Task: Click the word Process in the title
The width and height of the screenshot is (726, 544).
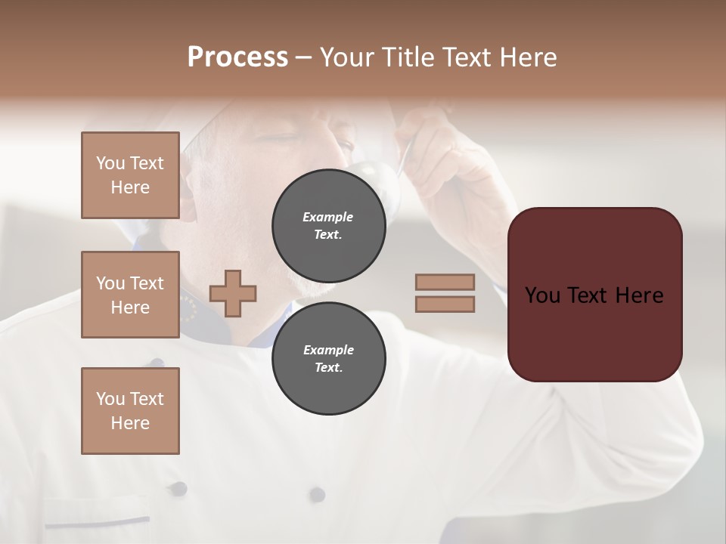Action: [x=237, y=57]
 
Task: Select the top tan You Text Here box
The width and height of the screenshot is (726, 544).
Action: [x=130, y=175]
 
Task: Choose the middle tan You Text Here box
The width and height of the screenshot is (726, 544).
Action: [x=130, y=295]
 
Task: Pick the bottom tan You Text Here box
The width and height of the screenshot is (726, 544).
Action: [x=130, y=410]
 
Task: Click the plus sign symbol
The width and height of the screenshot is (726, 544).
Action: [x=233, y=293]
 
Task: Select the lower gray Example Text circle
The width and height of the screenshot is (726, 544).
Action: [x=328, y=359]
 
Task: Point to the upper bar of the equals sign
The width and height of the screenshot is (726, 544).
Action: [x=445, y=282]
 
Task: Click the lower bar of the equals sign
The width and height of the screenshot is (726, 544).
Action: [x=445, y=304]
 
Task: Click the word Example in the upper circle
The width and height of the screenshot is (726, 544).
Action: [x=328, y=217]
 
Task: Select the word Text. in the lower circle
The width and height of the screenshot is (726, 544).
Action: [x=328, y=368]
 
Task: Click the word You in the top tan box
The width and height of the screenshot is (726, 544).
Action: [x=110, y=163]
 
